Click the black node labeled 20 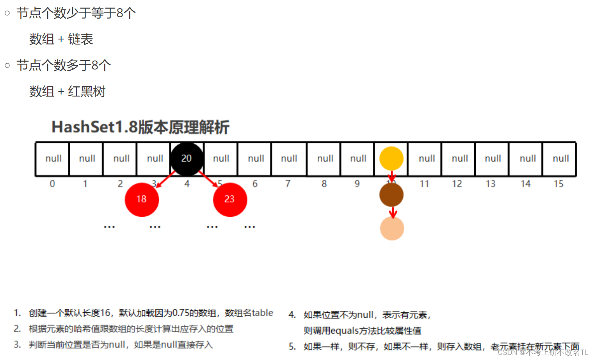coord(187,159)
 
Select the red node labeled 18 coord(142,200)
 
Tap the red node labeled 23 coord(230,200)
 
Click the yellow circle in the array coord(391,159)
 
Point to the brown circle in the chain coord(391,195)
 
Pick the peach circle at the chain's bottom coord(392,228)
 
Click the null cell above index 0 coord(53,159)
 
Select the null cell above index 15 coord(560,159)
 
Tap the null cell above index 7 coord(289,159)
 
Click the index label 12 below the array coord(457,184)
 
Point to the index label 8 coord(324,184)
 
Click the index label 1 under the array coord(85,184)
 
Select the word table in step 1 coord(262,313)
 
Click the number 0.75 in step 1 coord(180,313)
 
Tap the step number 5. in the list coord(292,346)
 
